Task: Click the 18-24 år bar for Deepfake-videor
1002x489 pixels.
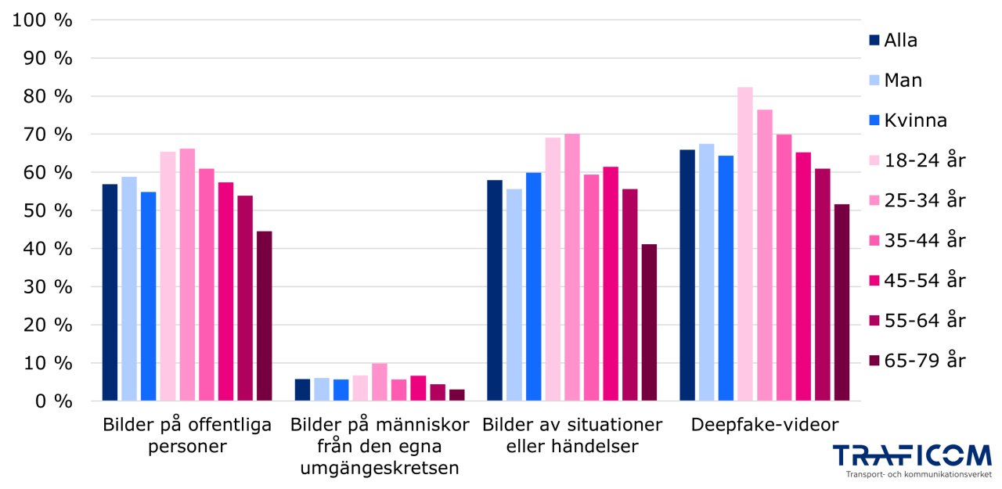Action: [x=744, y=244]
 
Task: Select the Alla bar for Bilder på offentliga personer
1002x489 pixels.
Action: [x=110, y=293]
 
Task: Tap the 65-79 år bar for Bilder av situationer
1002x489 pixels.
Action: [x=649, y=322]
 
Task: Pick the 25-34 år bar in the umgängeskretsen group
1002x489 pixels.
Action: [x=379, y=382]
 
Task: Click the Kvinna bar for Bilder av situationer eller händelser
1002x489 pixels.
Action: [x=533, y=286]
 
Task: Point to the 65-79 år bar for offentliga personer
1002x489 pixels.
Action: [x=264, y=316]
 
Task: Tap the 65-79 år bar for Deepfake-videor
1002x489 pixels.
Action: [x=842, y=303]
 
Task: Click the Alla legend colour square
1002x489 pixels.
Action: [x=874, y=41]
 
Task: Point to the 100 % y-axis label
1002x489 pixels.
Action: [x=43, y=20]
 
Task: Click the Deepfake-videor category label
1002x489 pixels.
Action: [x=764, y=425]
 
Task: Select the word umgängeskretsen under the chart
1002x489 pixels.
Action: [x=380, y=469]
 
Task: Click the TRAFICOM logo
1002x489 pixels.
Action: [x=911, y=455]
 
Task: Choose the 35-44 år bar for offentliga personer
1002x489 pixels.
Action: [x=206, y=285]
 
